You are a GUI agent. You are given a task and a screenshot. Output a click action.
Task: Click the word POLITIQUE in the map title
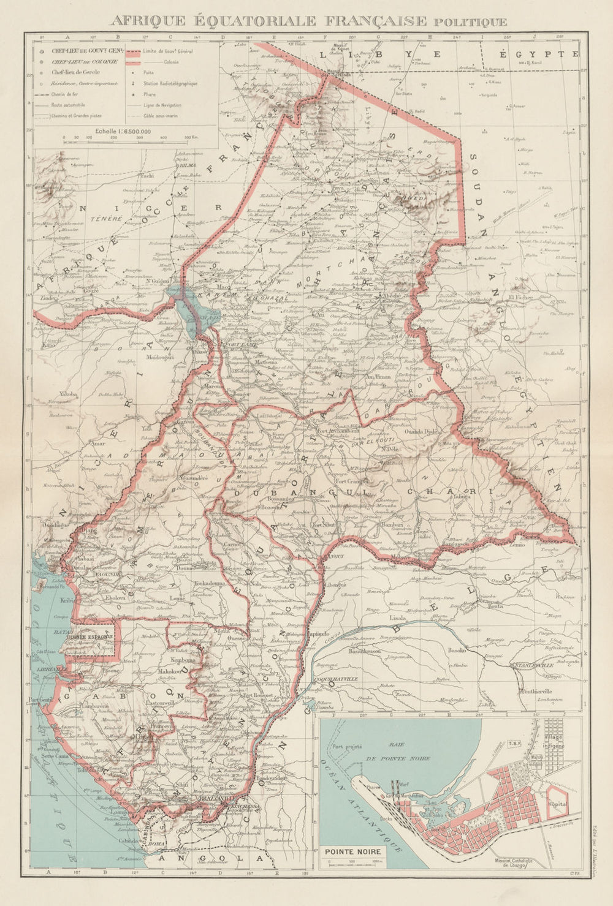[470, 22]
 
